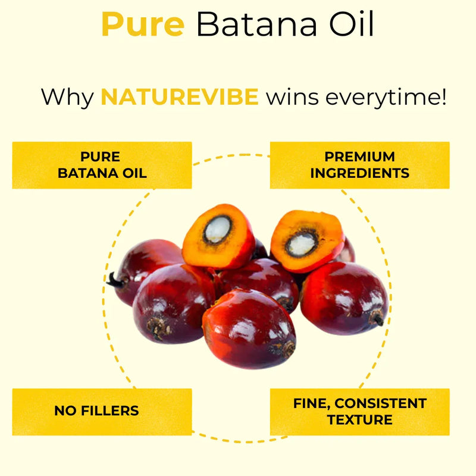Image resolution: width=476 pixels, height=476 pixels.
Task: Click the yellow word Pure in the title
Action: [x=143, y=24]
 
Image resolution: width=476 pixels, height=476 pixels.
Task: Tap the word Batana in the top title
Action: [x=257, y=24]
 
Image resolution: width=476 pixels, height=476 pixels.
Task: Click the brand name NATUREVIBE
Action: [x=180, y=97]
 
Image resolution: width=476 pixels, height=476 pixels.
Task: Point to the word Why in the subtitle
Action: [x=67, y=98]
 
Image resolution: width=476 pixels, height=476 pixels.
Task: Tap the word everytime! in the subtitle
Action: [x=386, y=98]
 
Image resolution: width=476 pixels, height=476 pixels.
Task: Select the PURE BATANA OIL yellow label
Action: [x=102, y=165]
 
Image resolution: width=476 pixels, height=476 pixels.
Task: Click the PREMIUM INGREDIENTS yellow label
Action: [x=360, y=165]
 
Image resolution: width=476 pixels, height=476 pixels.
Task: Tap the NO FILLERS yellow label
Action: [x=102, y=412]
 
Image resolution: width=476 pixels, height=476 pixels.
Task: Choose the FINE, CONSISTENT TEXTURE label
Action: [x=360, y=412]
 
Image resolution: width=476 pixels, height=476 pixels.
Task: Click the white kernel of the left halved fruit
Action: [x=217, y=230]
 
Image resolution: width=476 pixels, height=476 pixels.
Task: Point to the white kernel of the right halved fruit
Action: [x=302, y=245]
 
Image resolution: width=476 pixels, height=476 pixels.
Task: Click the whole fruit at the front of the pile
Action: [x=249, y=329]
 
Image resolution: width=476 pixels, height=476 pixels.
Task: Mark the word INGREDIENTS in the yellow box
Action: [x=360, y=173]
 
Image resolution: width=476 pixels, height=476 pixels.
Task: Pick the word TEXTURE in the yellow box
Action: [x=360, y=420]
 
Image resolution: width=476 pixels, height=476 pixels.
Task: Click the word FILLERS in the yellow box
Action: [x=110, y=411]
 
